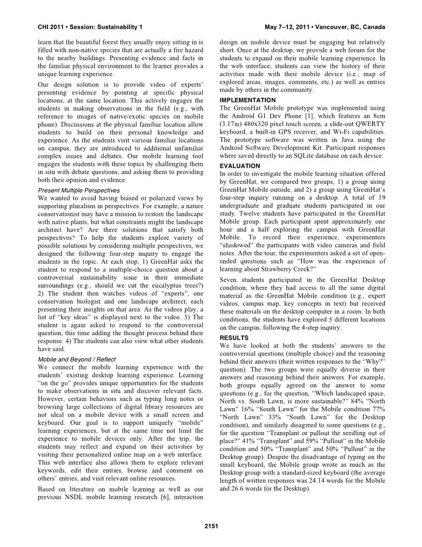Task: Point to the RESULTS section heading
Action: (x=234, y=338)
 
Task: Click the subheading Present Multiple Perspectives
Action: (x=79, y=190)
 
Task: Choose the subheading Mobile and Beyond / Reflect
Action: (x=77, y=359)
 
